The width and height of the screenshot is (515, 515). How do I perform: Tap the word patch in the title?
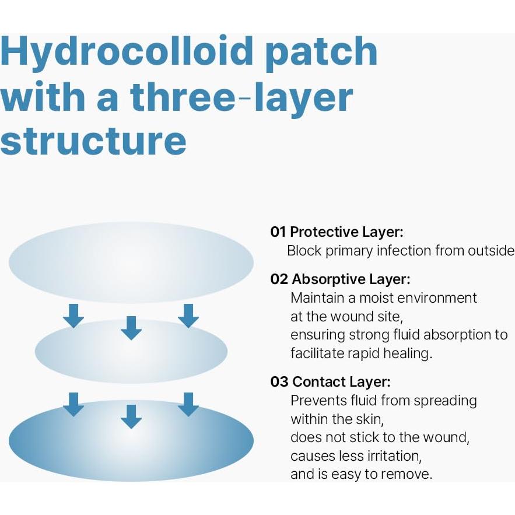pyautogui.click(x=321, y=53)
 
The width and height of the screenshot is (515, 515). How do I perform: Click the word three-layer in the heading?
pyautogui.click(x=241, y=97)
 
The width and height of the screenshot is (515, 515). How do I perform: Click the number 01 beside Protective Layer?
pyautogui.click(x=278, y=232)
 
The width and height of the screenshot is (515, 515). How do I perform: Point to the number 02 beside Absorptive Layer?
pyautogui.click(x=279, y=279)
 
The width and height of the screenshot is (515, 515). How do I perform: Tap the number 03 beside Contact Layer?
pyautogui.click(x=279, y=381)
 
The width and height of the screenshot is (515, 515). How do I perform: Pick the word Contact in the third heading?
pyautogui.click(x=318, y=381)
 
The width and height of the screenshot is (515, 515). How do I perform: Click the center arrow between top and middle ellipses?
pyautogui.click(x=131, y=328)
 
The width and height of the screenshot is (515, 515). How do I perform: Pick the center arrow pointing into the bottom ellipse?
pyautogui.click(x=131, y=416)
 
